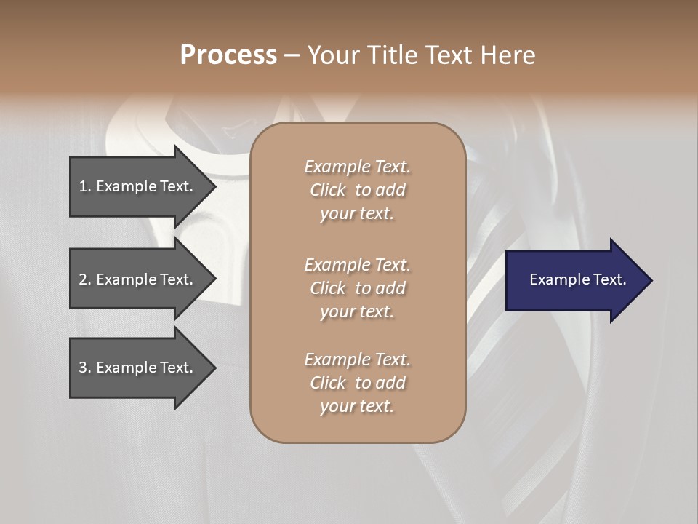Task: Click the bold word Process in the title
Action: coord(228,55)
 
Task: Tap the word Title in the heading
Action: coord(393,55)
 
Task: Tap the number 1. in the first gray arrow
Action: coord(84,186)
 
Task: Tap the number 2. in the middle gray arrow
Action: coord(84,279)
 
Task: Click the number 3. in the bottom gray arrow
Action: coord(84,368)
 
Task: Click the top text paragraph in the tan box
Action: coord(357,190)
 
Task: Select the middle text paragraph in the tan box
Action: coord(357,288)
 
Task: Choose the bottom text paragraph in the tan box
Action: coord(357,383)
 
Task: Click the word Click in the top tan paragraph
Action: coord(328,190)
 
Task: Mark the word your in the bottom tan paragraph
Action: coord(336,407)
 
